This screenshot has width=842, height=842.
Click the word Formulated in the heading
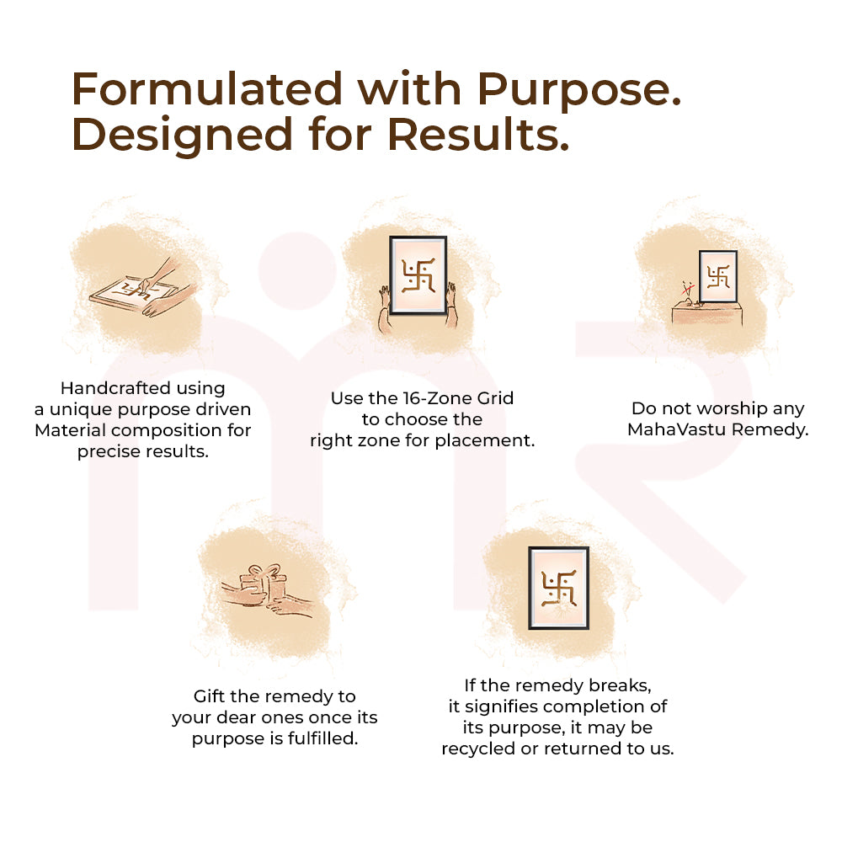coord(207,88)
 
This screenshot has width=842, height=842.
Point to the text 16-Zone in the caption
coord(438,398)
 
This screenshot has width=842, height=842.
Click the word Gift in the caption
coord(210,696)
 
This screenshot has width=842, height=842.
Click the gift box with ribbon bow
coord(264,584)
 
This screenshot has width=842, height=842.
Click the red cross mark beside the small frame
coord(686,290)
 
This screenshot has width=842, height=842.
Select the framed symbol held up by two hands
coord(418,275)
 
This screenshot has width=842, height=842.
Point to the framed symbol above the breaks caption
coord(558,588)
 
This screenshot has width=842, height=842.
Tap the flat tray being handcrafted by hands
coord(131,293)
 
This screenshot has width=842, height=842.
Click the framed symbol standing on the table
coord(718,276)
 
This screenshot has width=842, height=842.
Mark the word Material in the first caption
coord(71,430)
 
